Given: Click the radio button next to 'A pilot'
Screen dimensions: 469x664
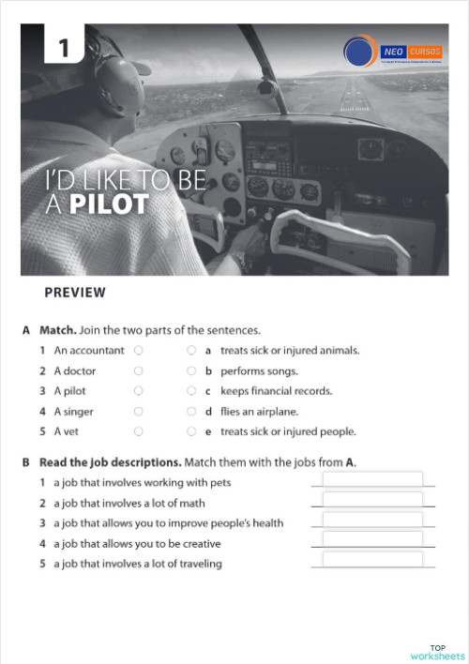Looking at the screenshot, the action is coord(138,391).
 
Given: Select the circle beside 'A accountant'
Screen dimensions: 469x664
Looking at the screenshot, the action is coord(138,350).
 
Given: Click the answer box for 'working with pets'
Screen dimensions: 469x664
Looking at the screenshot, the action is coord(372,480).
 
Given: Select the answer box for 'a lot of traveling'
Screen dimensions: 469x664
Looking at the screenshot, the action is coord(372,560).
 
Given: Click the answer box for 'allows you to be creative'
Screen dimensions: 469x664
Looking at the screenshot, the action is coord(372,540).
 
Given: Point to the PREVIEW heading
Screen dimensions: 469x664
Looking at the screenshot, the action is coord(75,293).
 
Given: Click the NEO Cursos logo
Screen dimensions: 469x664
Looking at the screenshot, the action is coord(386,52).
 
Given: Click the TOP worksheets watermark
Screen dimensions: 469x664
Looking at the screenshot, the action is coord(437,652).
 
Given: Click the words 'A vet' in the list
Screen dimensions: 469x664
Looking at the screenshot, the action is coord(67,432).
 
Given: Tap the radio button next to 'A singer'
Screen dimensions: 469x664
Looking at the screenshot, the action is coord(138,412).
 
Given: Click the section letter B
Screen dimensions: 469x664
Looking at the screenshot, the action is coord(25,463).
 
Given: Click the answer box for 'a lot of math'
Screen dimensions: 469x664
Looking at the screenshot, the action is coord(372,500).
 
